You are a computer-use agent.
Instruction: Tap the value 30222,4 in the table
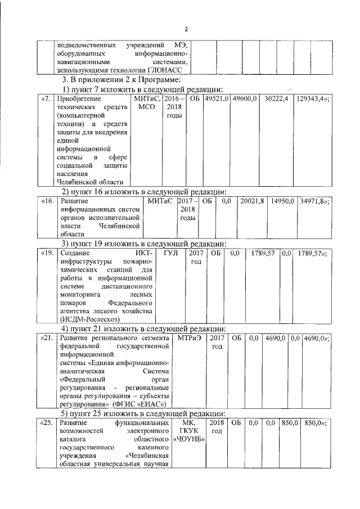pos(276,98)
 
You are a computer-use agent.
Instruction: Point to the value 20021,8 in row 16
pos(252,201)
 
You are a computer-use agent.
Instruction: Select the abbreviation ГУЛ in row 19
pos(170,254)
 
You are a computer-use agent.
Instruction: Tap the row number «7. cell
pos(45,98)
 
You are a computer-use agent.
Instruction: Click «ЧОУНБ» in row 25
pos(189,439)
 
